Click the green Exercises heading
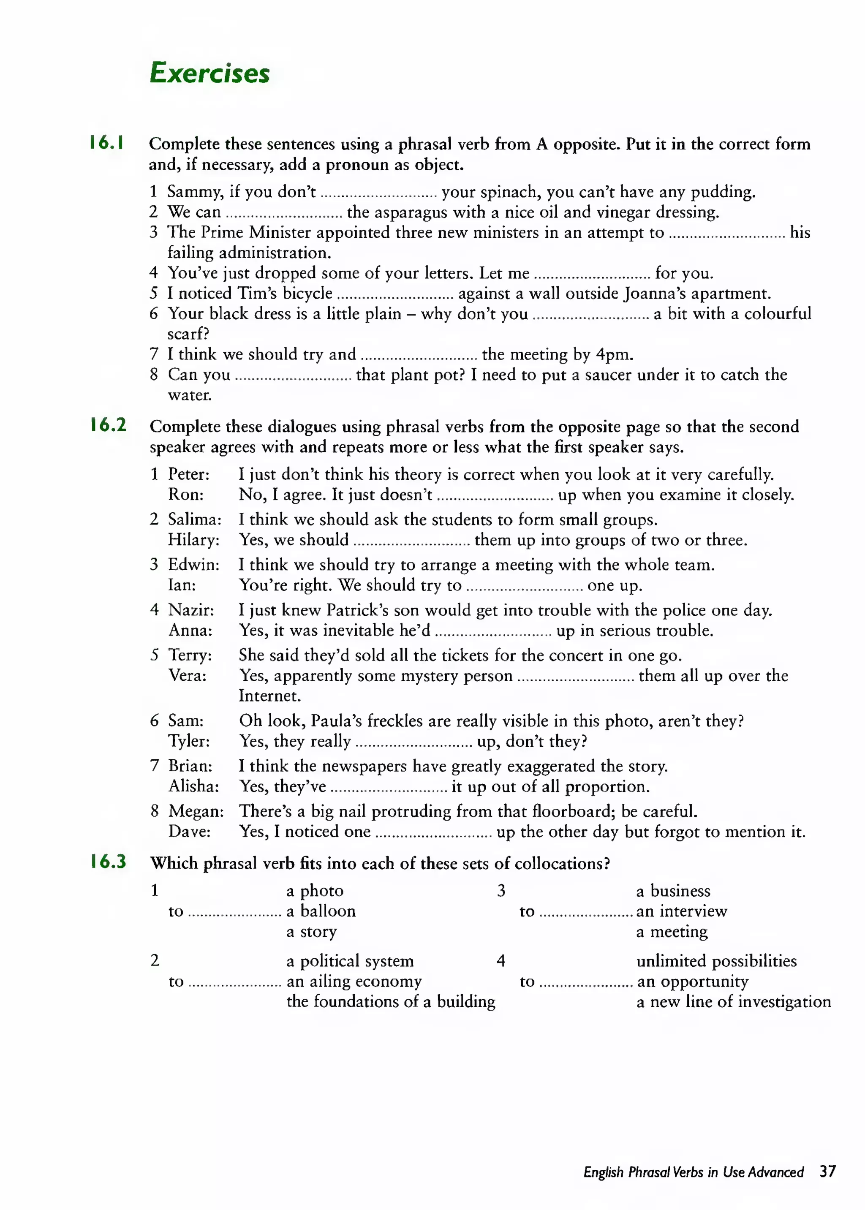(x=209, y=73)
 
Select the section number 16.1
(x=107, y=143)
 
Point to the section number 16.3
(x=108, y=861)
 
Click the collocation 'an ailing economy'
(x=354, y=981)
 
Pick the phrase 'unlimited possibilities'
(x=716, y=961)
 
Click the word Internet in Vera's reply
(x=269, y=696)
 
